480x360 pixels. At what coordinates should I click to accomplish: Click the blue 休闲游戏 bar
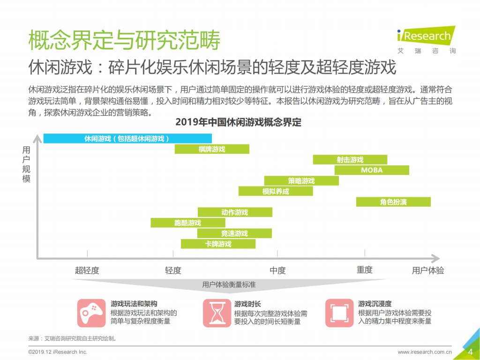click(127, 138)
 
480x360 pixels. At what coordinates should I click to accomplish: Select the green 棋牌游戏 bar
click(212, 149)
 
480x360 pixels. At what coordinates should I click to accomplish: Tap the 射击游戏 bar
click(350, 160)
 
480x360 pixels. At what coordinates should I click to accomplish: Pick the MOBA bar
click(372, 170)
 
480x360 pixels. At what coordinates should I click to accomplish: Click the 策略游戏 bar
click(301, 181)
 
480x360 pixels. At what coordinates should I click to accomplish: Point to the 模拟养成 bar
click(276, 191)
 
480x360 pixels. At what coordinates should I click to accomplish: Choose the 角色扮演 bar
click(393, 202)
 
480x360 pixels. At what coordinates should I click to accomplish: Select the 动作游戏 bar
click(235, 212)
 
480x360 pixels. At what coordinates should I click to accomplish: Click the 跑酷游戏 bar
click(187, 223)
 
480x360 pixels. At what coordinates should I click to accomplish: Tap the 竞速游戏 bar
click(234, 233)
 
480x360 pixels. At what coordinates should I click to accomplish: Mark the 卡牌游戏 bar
click(218, 244)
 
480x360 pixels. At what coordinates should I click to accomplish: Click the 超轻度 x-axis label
click(87, 270)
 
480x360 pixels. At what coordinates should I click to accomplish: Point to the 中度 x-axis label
click(277, 270)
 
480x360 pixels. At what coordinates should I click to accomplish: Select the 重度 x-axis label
click(365, 270)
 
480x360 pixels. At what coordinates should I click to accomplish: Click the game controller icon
click(91, 313)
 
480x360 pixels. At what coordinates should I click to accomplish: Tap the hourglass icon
click(217, 313)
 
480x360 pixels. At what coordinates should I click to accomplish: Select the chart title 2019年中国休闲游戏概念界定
click(238, 123)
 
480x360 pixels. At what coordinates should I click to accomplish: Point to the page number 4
click(470, 352)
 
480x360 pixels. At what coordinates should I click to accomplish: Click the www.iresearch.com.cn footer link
click(424, 352)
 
